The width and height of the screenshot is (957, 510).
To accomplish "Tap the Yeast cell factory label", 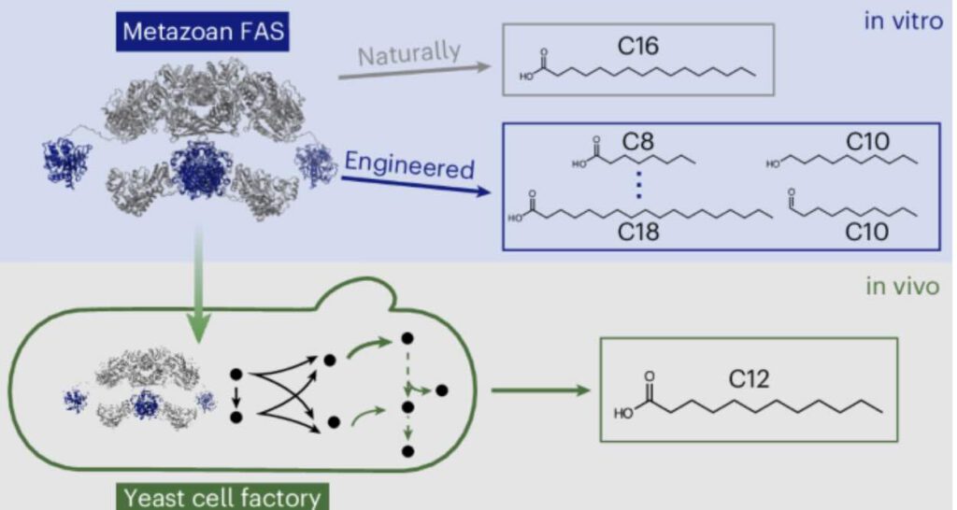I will (x=220, y=495).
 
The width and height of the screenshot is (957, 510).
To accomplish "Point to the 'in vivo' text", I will (x=902, y=286).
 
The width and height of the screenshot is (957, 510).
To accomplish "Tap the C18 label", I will (x=638, y=231).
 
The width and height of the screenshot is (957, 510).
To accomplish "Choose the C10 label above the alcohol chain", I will (x=866, y=142).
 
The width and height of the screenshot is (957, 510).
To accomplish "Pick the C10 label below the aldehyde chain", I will (x=866, y=230).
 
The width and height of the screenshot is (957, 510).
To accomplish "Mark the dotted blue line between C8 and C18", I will (x=637, y=186).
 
